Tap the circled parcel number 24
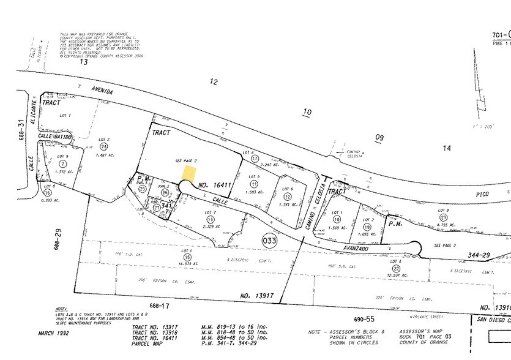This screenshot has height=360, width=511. click(x=104, y=147)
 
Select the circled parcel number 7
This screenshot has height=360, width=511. click(x=62, y=163)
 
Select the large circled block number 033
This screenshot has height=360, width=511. click(x=269, y=241)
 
